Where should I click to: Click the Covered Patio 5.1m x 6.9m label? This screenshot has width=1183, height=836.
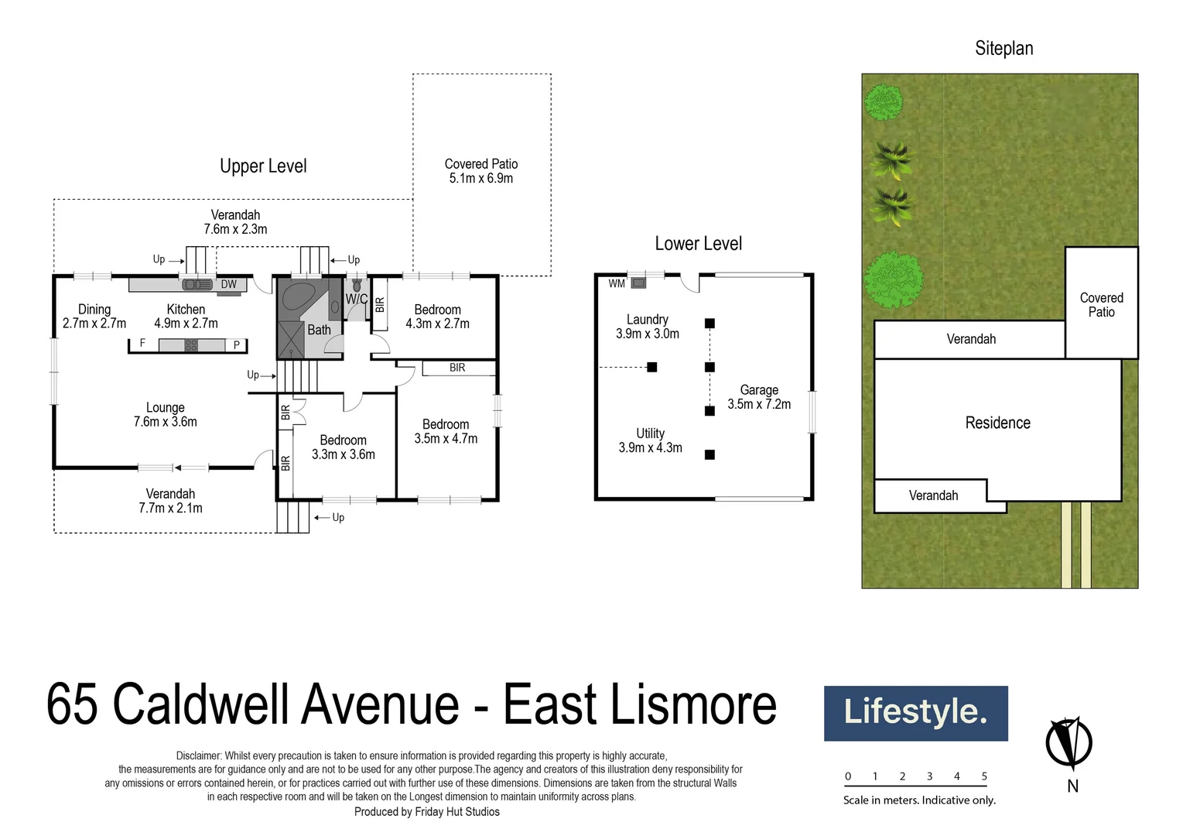click(x=480, y=171)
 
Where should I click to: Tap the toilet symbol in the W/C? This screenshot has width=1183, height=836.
click(x=357, y=285)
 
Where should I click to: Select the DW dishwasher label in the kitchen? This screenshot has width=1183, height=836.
click(x=229, y=284)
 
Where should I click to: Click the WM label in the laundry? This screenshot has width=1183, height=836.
click(x=617, y=283)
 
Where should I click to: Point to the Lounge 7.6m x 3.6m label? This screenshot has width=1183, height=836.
click(x=165, y=415)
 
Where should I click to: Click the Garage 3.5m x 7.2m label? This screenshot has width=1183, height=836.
click(x=759, y=397)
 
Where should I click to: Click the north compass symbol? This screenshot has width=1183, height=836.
click(x=1068, y=744)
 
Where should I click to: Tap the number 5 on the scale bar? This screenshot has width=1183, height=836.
click(x=984, y=776)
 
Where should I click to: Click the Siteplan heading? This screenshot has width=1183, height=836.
click(x=1003, y=49)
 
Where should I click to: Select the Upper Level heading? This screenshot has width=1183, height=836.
click(x=263, y=166)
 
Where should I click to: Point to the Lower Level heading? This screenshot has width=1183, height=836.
click(x=698, y=244)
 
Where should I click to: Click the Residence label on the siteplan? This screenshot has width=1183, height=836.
click(x=997, y=423)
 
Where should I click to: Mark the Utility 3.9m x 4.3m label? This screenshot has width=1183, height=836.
click(x=650, y=440)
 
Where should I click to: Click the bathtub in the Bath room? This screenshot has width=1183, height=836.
click(x=297, y=296)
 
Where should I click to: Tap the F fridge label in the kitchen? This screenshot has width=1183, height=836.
click(x=142, y=343)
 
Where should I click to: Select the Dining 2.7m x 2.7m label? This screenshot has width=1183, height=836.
click(x=94, y=317)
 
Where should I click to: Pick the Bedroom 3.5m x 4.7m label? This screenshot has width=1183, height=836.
click(x=446, y=431)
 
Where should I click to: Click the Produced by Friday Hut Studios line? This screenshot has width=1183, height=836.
click(x=426, y=812)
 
